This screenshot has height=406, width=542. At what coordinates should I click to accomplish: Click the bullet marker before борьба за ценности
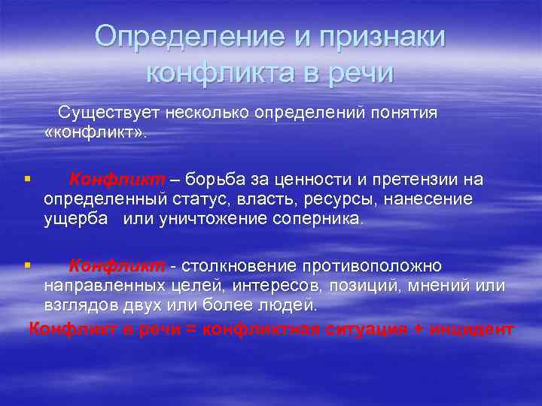coord(26,180)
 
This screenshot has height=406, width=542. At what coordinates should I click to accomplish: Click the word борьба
coord(215,180)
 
